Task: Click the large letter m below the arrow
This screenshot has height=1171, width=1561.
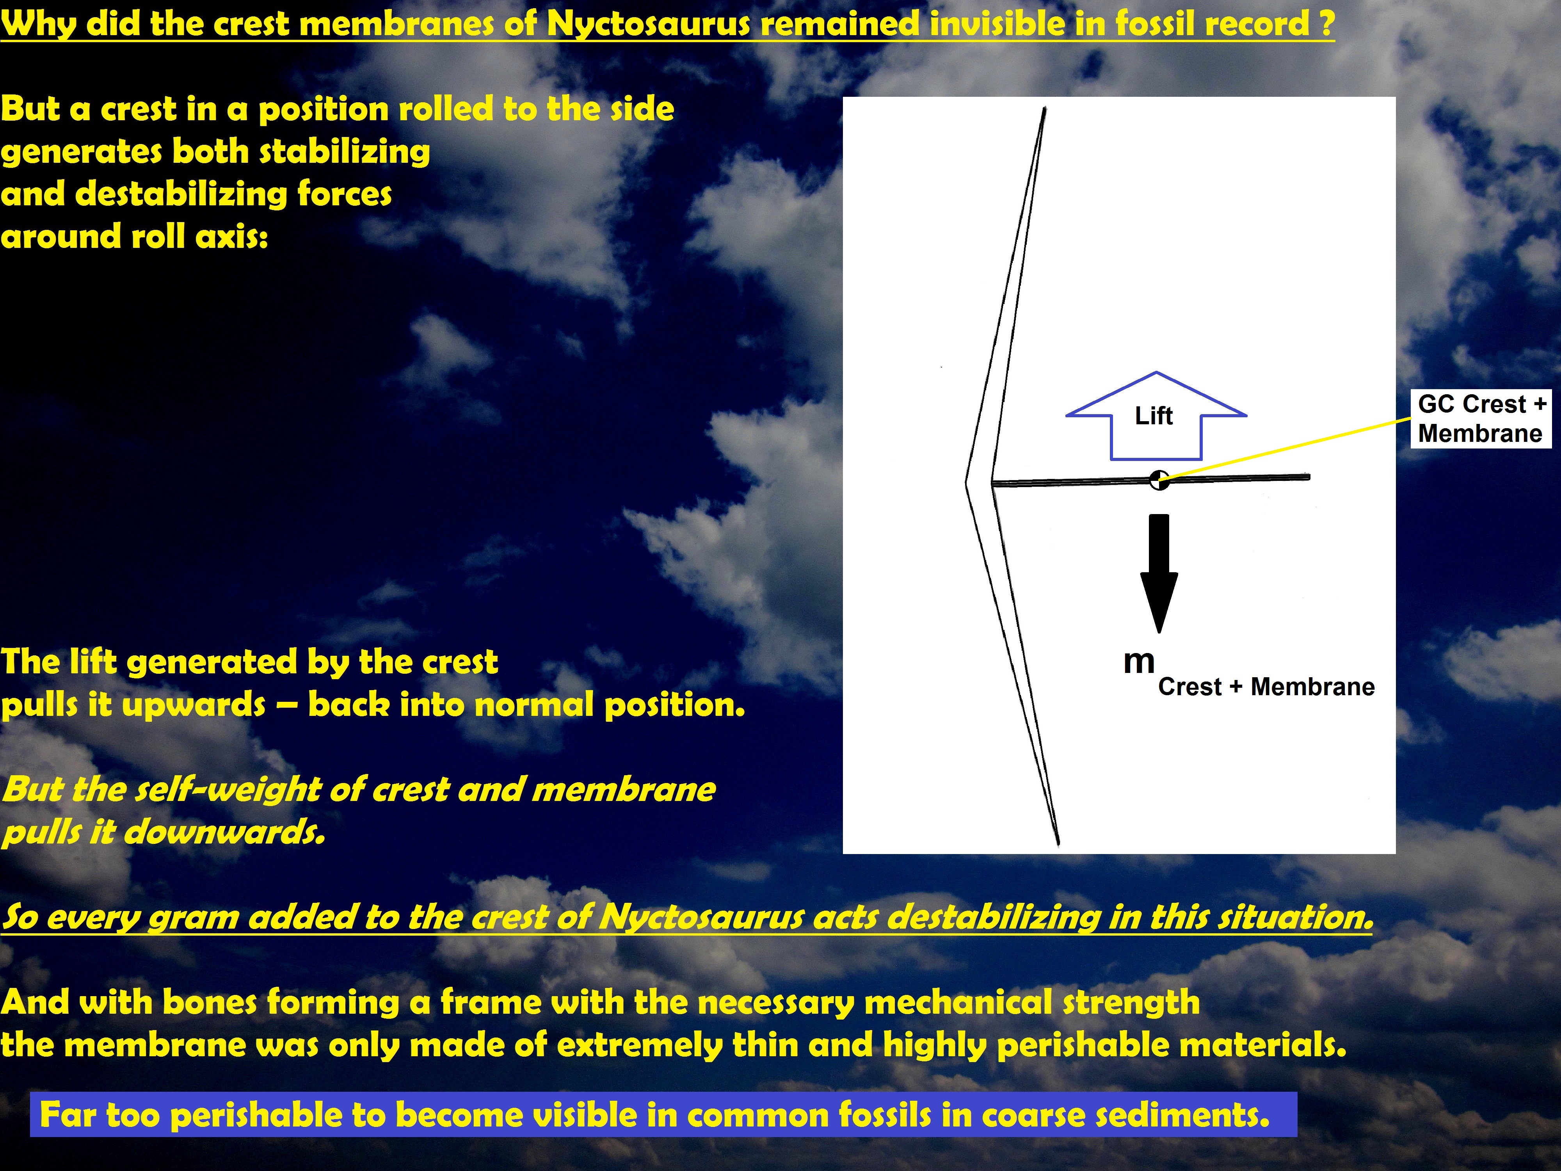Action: pyautogui.click(x=1139, y=661)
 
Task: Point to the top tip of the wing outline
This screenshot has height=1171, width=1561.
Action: pyautogui.click(x=1044, y=108)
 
